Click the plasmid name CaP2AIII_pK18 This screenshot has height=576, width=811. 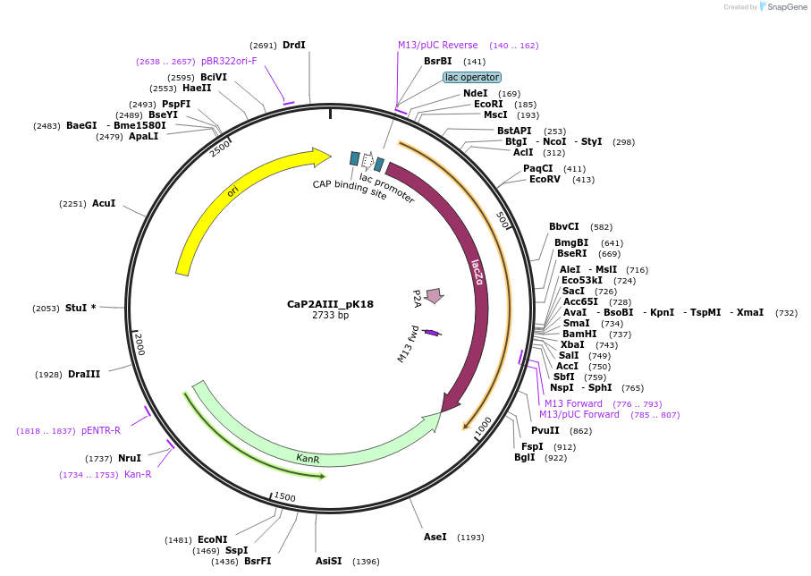click(x=330, y=304)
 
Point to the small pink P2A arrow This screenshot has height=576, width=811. click(x=435, y=295)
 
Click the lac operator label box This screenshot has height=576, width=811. click(x=472, y=78)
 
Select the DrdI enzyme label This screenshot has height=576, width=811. click(x=293, y=45)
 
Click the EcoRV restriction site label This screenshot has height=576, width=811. click(x=545, y=180)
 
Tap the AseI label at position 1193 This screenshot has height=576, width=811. click(x=435, y=537)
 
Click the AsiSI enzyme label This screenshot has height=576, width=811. click(x=328, y=562)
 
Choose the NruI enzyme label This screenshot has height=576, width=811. click(x=129, y=458)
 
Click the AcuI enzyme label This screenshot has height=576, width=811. click(x=104, y=203)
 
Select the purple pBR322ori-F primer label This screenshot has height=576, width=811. click(x=229, y=61)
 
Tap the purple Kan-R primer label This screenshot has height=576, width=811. click(x=138, y=474)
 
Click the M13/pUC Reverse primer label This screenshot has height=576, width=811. click(x=438, y=45)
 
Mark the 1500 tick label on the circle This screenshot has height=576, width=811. click(x=284, y=496)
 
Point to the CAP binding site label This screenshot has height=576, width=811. click(x=350, y=190)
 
